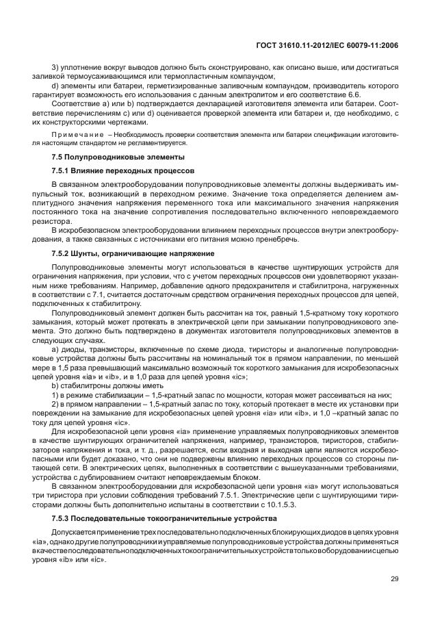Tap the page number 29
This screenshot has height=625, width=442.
click(394, 579)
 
